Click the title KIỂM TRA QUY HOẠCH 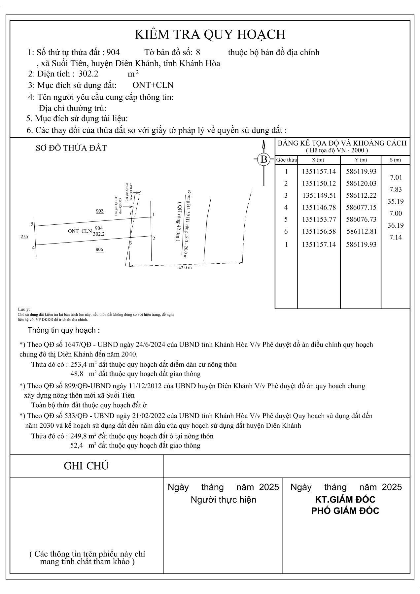pos(210,34)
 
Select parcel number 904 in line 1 pos(113,52)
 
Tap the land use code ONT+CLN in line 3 pos(153,85)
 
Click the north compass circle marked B pos(264,159)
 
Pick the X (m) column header pos(318,160)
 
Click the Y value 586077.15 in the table pos(361,207)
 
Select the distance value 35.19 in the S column pos(396,201)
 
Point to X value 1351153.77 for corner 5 pos(319,219)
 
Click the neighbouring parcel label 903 pos(100,211)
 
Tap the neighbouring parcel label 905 pos(100,250)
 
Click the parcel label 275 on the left pos(24,237)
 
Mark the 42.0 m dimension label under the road pos(185,268)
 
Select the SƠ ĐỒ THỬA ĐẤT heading pos(71,148)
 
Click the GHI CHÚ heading pos(86,466)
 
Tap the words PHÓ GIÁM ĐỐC pos(345,511)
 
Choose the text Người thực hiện pos(223,500)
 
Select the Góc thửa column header pos(286,160)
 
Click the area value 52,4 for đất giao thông pos(76,445)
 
